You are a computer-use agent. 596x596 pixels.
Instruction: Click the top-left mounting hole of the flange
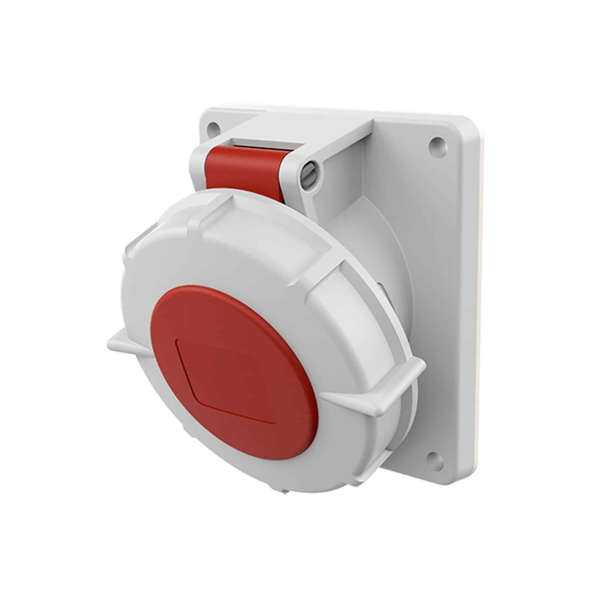(212, 126)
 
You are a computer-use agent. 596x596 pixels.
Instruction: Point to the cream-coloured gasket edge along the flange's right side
(482, 308)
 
